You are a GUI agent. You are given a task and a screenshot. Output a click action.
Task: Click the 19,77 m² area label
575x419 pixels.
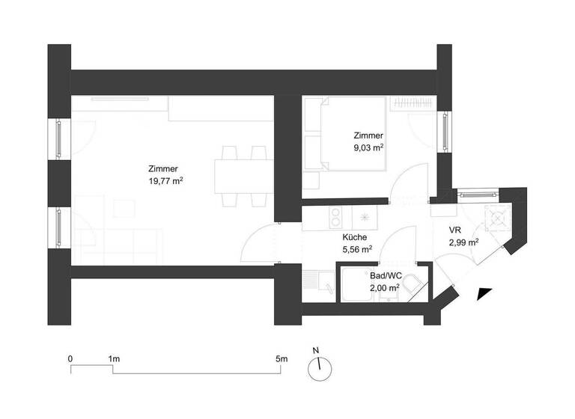(166, 180)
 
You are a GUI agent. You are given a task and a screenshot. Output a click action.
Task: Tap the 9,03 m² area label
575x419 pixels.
(368, 148)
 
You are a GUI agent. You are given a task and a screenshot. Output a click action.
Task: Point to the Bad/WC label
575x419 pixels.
(383, 275)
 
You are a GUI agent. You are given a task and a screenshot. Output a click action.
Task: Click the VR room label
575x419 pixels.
(454, 230)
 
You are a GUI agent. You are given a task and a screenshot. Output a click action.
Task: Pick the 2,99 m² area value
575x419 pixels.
(463, 242)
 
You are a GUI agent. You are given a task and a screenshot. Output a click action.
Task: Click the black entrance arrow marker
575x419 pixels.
(484, 294)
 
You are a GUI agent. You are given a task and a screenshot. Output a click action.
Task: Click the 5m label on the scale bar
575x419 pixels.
(282, 360)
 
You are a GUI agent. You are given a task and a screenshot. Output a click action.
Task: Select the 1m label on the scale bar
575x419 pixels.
(114, 360)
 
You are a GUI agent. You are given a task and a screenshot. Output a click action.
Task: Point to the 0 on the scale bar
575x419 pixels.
(70, 360)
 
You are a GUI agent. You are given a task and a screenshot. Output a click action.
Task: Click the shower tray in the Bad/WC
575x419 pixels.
(358, 285)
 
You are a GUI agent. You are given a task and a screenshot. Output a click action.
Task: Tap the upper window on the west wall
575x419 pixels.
(59, 138)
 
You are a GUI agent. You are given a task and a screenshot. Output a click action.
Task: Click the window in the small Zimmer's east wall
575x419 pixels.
(445, 131)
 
